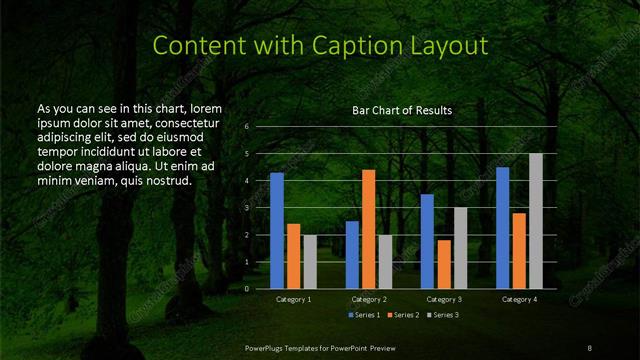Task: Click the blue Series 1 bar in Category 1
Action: point(277,231)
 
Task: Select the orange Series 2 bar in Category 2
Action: point(368,229)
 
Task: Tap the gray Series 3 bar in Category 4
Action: point(535,221)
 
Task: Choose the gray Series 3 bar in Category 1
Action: point(310,262)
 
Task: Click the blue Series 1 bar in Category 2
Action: point(352,255)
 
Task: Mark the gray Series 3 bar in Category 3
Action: point(460,248)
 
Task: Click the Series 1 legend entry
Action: point(364,316)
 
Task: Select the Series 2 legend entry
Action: point(402,316)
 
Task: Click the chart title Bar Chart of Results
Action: point(402,110)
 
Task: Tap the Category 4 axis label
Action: point(519,299)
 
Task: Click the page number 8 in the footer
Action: point(590,346)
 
